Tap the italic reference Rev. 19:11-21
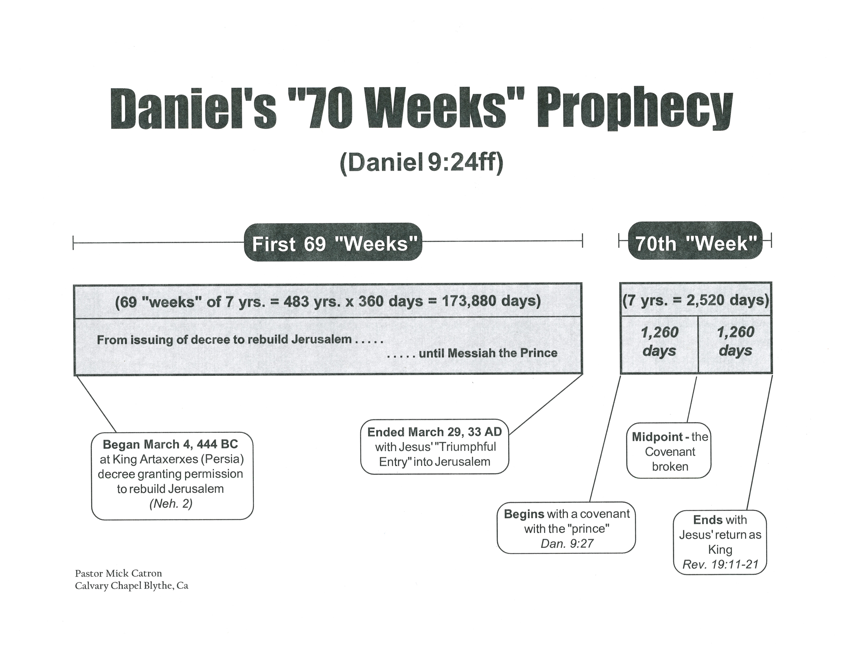pyautogui.click(x=720, y=564)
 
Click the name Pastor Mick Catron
pyautogui.click(x=119, y=573)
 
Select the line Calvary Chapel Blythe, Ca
pyautogui.click(x=132, y=586)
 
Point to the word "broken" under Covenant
pyautogui.click(x=670, y=467)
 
